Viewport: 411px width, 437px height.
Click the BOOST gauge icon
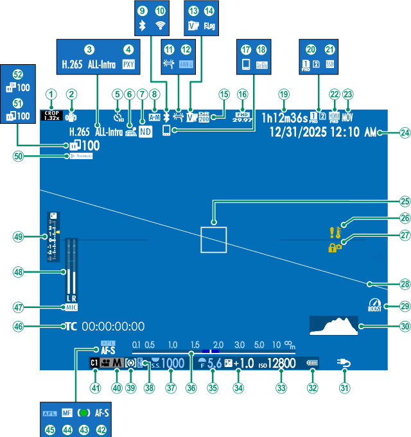[374, 306]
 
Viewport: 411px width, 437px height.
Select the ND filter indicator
[144, 133]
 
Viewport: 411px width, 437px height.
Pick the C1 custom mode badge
[94, 363]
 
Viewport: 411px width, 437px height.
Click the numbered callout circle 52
[18, 74]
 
